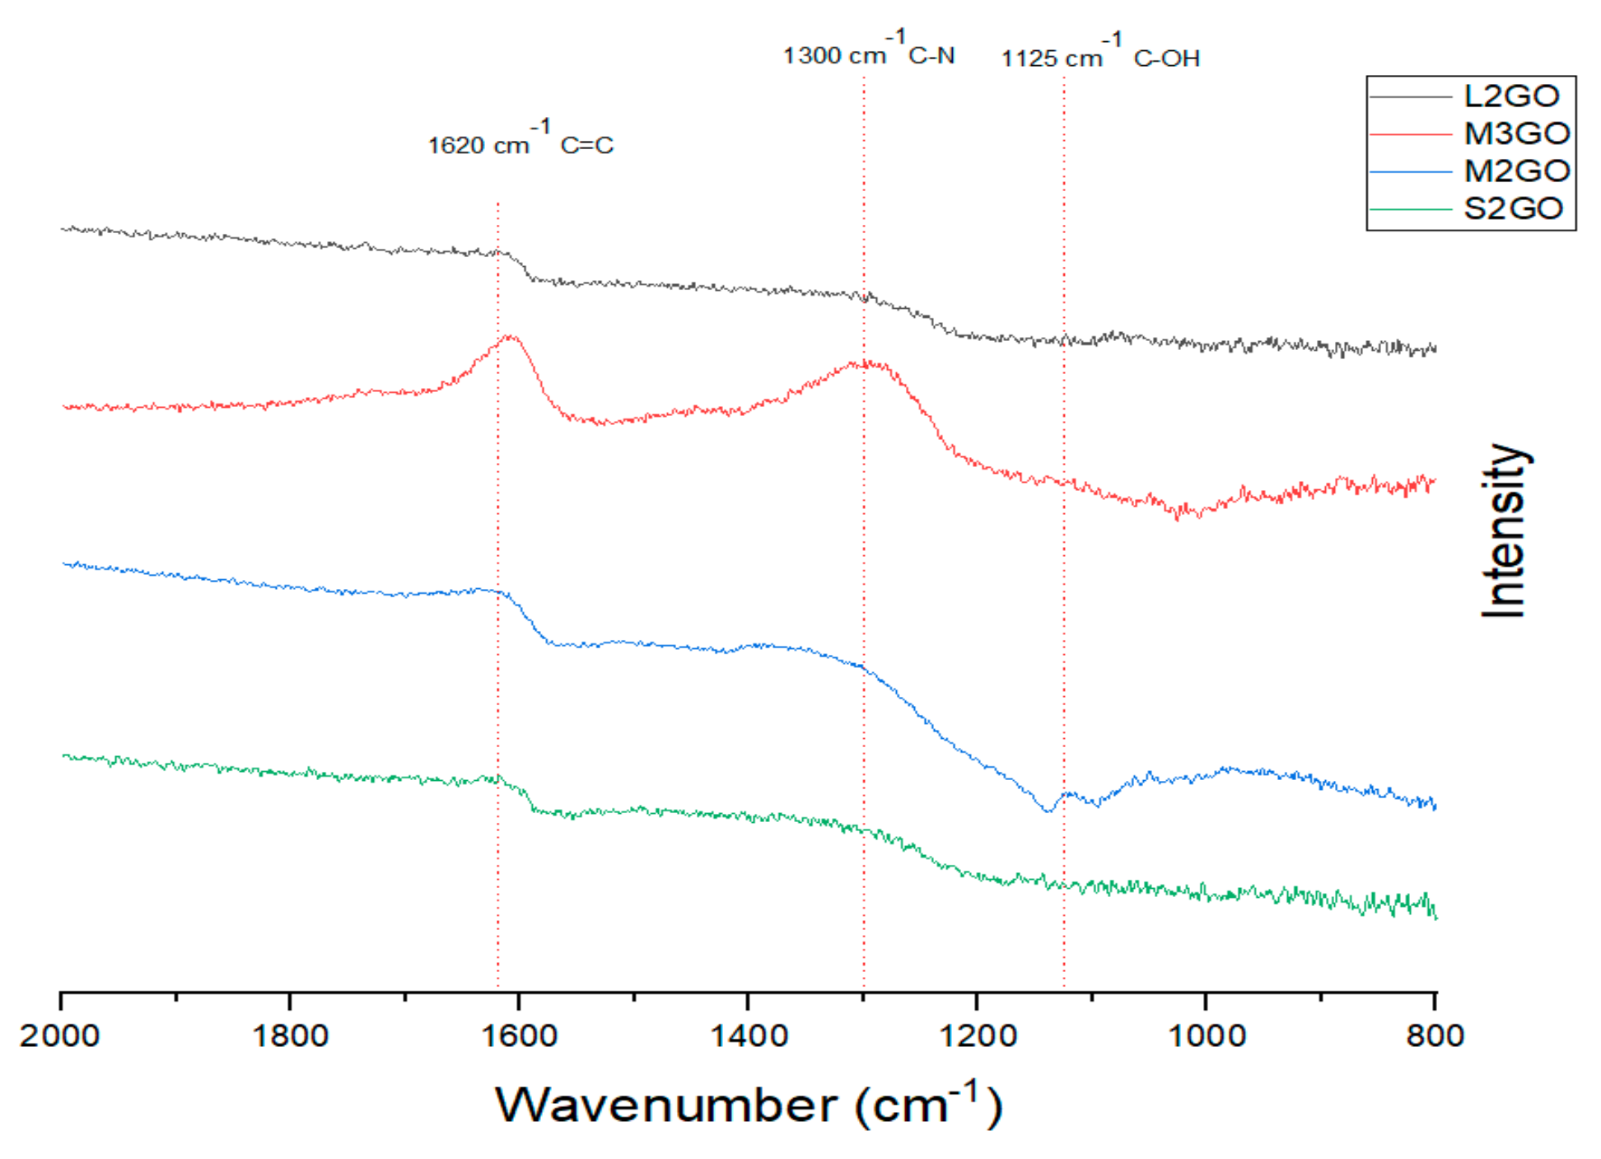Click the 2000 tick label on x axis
click(59, 1035)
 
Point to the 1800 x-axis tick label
click(289, 1035)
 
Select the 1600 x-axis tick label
click(519, 1035)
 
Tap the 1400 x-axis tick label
click(748, 1035)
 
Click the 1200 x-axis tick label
click(977, 1035)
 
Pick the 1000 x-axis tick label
click(1207, 1035)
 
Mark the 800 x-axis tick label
click(1435, 1035)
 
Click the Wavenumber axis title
click(748, 1105)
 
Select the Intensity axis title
click(1503, 531)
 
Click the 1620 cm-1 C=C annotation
click(520, 142)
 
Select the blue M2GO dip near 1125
click(1048, 811)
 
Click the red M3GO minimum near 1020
click(1179, 515)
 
